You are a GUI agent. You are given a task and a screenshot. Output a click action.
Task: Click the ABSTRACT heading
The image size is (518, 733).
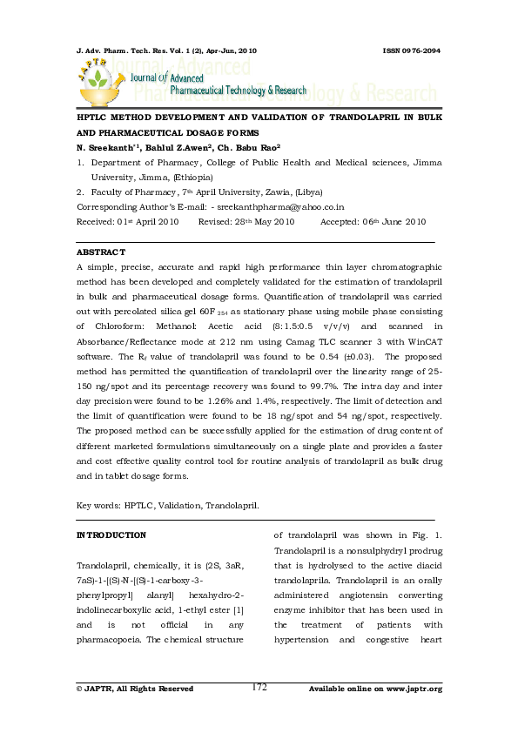tap(101, 252)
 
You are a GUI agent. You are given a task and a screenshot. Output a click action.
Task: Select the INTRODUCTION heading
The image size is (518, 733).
tap(111, 535)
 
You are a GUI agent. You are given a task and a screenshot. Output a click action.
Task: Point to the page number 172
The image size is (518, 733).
tap(259, 687)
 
